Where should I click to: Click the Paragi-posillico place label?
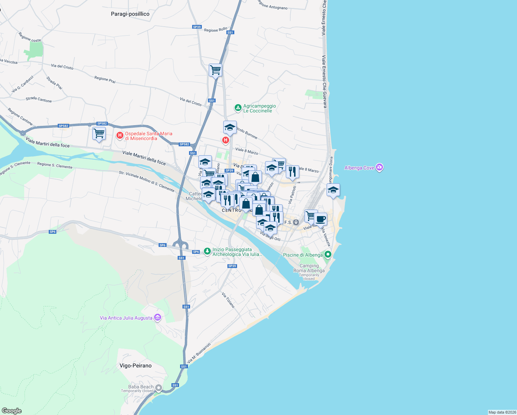(130, 14)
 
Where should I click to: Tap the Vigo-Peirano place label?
(135, 366)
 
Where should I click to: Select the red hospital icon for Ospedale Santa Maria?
(120, 135)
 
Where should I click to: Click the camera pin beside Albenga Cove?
(379, 168)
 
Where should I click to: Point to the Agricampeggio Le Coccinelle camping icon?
(238, 108)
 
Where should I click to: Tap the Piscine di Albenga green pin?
(328, 255)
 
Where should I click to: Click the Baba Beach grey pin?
(159, 388)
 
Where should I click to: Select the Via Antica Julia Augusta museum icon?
(158, 317)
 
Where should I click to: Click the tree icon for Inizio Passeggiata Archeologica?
(207, 251)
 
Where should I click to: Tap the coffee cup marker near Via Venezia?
(320, 219)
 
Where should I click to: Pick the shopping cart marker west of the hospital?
(99, 133)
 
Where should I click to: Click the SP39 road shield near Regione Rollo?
(197, 27)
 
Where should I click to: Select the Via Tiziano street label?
(228, 300)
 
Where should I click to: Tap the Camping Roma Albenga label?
(309, 268)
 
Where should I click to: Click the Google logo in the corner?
(12, 411)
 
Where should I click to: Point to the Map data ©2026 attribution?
(502, 412)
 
